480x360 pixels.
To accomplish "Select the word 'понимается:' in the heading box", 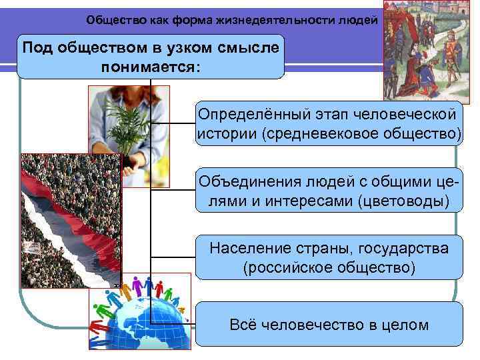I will pos(150,67).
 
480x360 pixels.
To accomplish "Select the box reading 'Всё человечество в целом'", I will pos(329,325).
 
